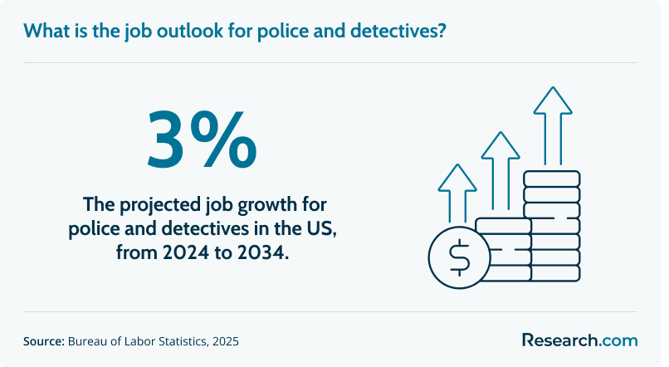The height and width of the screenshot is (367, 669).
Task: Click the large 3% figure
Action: click(x=203, y=139)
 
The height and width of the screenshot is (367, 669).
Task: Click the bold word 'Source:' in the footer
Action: click(x=43, y=341)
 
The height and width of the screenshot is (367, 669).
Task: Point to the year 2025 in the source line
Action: click(x=226, y=341)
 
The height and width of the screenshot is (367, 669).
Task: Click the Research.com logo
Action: click(x=580, y=340)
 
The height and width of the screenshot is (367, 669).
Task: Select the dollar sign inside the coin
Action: click(x=460, y=257)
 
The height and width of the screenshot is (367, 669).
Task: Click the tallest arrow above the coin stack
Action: click(x=553, y=126)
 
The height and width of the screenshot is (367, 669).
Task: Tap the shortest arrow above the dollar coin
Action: click(x=457, y=193)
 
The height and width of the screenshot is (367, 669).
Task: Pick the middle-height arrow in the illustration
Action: click(x=501, y=171)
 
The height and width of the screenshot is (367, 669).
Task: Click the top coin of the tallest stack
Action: click(x=552, y=179)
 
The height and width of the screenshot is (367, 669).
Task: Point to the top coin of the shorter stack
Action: click(x=504, y=226)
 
